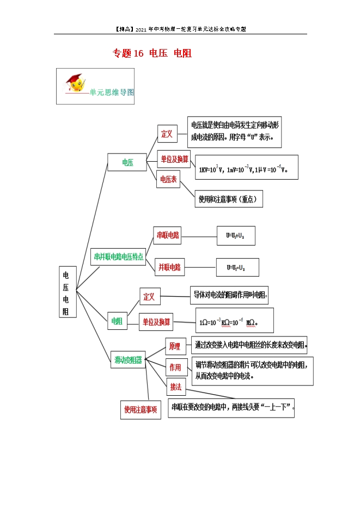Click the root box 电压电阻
pyautogui.click(x=67, y=292)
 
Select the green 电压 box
pyautogui.click(x=127, y=162)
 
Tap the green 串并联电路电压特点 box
pyautogui.click(x=119, y=256)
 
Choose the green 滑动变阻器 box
pyautogui.click(x=128, y=360)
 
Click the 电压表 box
pyautogui.click(x=168, y=179)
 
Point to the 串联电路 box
pyautogui.click(x=168, y=235)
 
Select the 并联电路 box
pyautogui.click(x=169, y=267)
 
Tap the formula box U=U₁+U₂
pyautogui.click(x=235, y=236)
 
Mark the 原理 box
pyautogui.click(x=175, y=346)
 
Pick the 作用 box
pyautogui.click(x=175, y=367)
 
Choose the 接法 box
pyautogui.click(x=175, y=387)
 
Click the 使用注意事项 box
pyautogui.click(x=141, y=410)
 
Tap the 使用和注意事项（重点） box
pyautogui.click(x=229, y=199)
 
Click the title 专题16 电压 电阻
pyautogui.click(x=152, y=53)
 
